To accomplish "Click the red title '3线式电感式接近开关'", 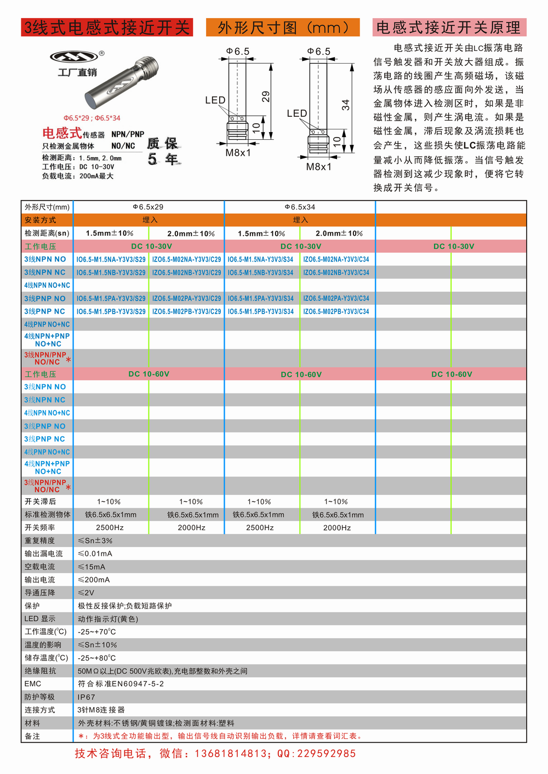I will [107, 27].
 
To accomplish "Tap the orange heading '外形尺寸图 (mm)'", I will [283, 27].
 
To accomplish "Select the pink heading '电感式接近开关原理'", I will [449, 27].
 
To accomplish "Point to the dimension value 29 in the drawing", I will [266, 96].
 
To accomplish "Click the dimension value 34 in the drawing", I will [346, 105].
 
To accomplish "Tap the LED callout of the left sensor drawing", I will [215, 100].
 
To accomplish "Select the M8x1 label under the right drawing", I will [318, 167].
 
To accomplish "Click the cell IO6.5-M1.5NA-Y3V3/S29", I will [111, 259].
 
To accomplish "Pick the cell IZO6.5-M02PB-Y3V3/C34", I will [336, 311].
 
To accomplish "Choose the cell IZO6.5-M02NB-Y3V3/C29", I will [187, 272].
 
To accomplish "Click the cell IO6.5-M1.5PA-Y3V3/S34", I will [261, 299].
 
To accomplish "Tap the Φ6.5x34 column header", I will [300, 207].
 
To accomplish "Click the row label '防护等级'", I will [39, 697].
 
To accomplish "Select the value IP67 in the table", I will [87, 697].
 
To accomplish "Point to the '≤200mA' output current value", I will [94, 580].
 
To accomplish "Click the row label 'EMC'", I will [33, 684].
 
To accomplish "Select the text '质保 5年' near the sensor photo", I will [163, 151].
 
